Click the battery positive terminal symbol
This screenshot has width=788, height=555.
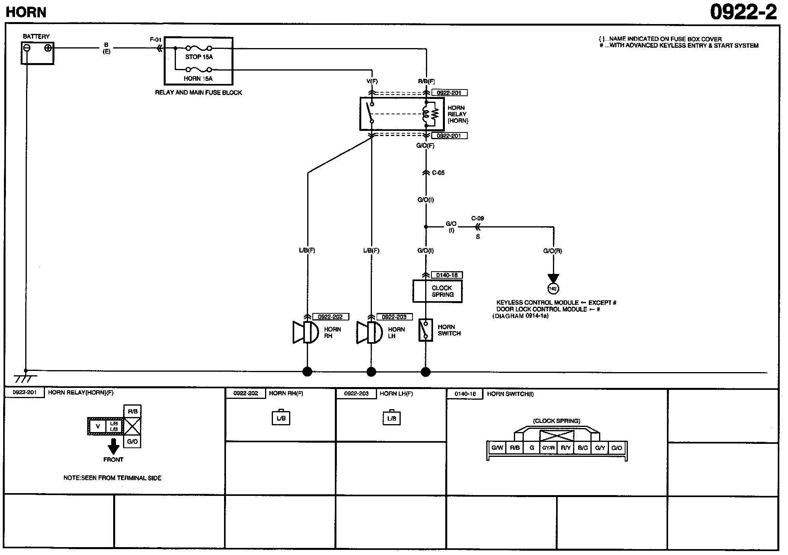(x=48, y=48)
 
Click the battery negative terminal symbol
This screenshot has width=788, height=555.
(x=26, y=48)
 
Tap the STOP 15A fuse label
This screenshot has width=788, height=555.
(x=199, y=57)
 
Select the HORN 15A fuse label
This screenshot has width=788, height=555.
(x=198, y=78)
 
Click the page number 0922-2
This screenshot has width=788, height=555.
(x=743, y=12)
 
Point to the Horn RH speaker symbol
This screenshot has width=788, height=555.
(x=306, y=332)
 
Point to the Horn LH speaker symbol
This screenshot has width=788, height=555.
(x=370, y=332)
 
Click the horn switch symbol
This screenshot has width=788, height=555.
(x=426, y=330)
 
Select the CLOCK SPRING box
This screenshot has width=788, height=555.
(x=437, y=291)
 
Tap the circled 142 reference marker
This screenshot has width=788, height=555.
(x=553, y=289)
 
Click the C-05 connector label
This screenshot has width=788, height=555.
(x=438, y=173)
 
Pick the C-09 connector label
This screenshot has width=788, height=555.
(x=478, y=218)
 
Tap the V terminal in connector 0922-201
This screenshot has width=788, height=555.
(x=98, y=426)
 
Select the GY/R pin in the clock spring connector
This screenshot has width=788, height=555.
(x=548, y=448)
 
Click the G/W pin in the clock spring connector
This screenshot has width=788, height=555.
(x=497, y=448)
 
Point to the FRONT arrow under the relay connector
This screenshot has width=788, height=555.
(x=114, y=447)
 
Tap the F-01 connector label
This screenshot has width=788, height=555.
(x=156, y=40)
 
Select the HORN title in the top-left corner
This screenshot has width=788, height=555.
(x=26, y=13)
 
